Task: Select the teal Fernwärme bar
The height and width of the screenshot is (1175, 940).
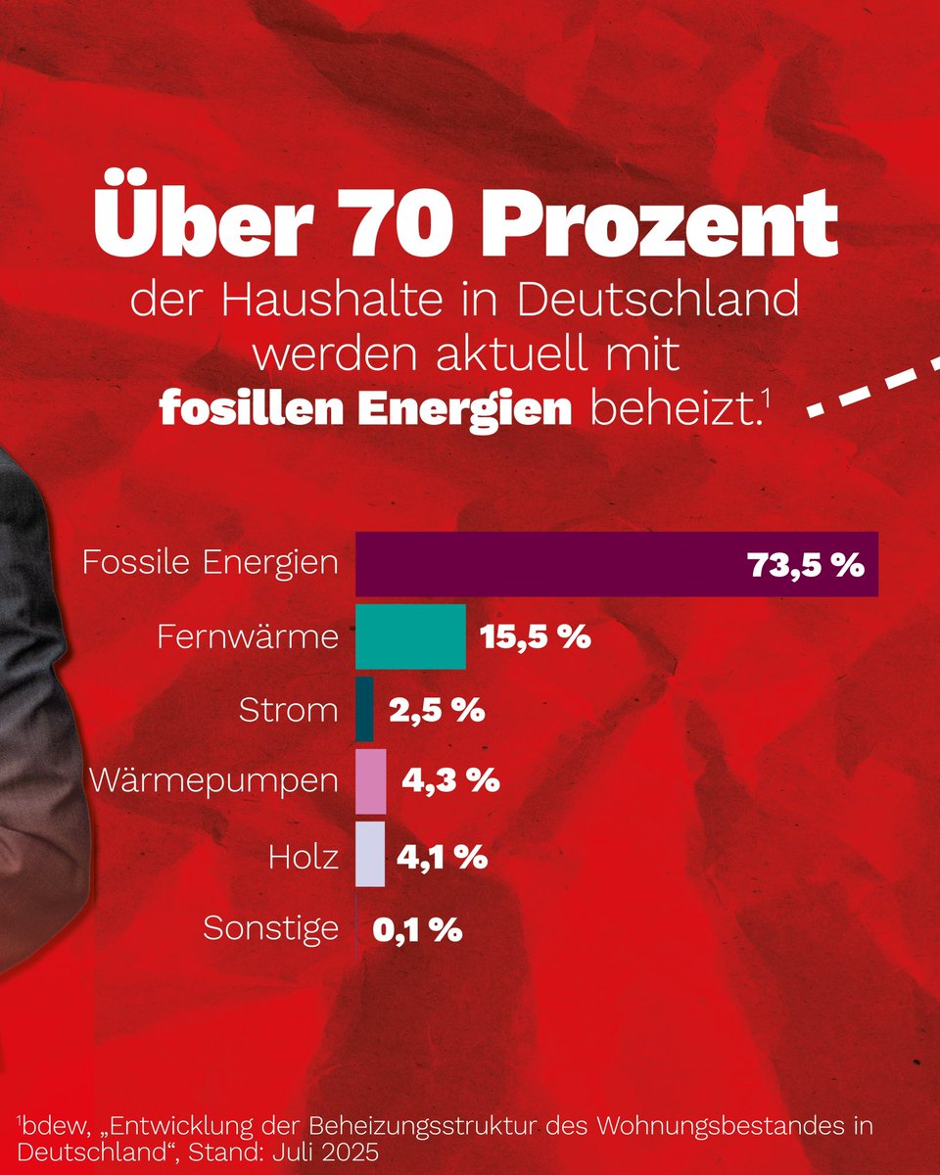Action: click(410, 636)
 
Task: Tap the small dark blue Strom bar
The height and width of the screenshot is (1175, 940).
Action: click(364, 709)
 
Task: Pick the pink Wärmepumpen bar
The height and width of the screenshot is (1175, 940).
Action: click(371, 781)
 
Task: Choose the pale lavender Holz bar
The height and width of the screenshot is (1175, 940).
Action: click(370, 855)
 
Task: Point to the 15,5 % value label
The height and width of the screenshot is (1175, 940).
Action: click(535, 637)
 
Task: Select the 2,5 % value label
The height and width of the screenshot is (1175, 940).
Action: click(437, 710)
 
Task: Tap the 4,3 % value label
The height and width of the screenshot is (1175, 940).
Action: click(451, 782)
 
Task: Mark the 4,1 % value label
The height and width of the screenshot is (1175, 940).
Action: click(442, 856)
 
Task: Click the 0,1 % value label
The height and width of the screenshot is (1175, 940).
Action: click(417, 928)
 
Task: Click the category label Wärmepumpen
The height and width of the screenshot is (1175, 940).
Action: click(213, 782)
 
